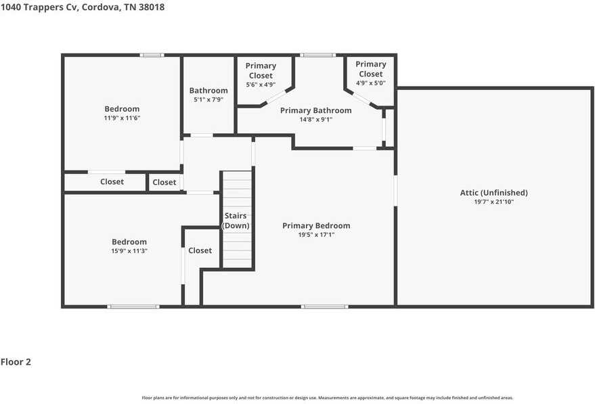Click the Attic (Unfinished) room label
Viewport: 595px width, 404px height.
(x=493, y=193)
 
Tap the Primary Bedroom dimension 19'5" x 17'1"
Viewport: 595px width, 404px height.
(x=316, y=235)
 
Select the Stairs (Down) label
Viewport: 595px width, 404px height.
(x=236, y=221)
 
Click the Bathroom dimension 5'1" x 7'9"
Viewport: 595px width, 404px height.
(x=208, y=99)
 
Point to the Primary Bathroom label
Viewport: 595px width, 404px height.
(x=315, y=110)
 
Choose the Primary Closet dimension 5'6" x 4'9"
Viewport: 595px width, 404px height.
(x=261, y=85)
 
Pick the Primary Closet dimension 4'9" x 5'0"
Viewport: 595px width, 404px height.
(x=371, y=83)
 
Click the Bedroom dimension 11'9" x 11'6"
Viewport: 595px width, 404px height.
(x=123, y=118)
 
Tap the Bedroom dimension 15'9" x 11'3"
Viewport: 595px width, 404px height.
(x=129, y=251)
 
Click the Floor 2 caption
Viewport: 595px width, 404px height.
(x=16, y=362)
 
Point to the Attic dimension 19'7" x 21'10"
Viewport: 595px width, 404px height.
(x=493, y=202)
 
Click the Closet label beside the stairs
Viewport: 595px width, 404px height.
(x=200, y=250)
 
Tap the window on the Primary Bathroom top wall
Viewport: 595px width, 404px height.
(x=317, y=55)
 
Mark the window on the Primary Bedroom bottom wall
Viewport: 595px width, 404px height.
(x=324, y=307)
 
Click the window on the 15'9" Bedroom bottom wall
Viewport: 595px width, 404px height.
(x=133, y=307)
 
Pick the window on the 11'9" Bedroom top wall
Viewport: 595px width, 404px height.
(x=152, y=55)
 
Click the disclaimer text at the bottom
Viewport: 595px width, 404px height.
(x=328, y=398)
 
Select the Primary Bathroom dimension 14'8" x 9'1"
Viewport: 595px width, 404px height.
(x=315, y=120)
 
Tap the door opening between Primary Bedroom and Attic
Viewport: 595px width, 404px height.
(x=395, y=190)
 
